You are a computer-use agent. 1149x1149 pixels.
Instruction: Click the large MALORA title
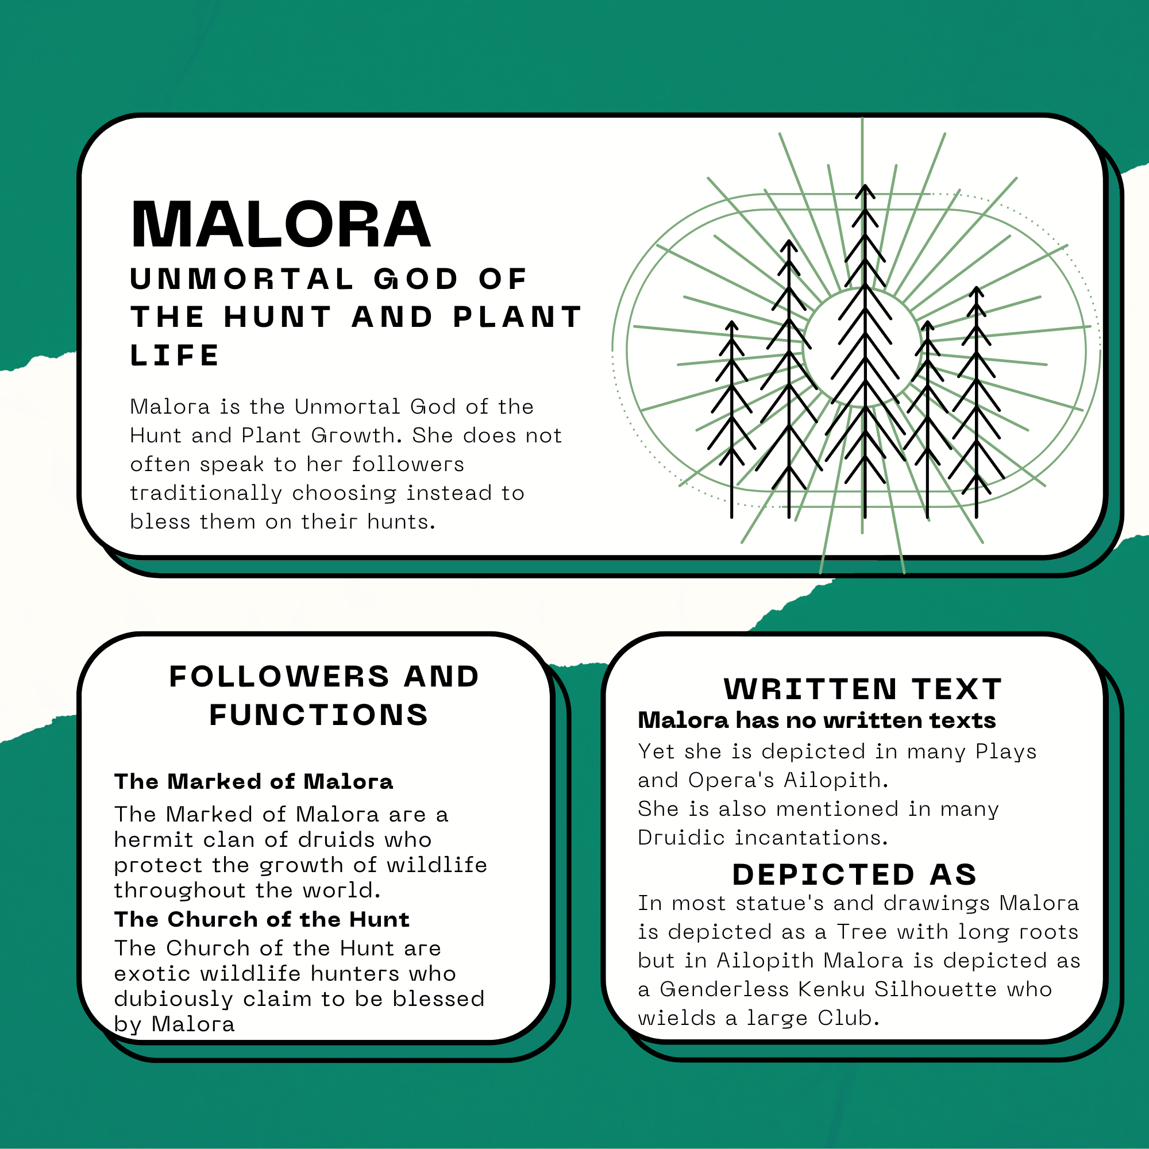(x=280, y=224)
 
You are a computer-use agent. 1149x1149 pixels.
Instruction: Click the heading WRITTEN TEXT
(x=862, y=689)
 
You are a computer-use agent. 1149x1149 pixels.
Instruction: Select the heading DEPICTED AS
(x=855, y=874)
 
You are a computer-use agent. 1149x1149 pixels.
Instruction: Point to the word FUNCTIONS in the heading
(x=318, y=715)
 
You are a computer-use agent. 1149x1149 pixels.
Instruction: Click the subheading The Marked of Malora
(x=253, y=781)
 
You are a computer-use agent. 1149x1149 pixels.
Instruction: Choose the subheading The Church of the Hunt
(x=261, y=919)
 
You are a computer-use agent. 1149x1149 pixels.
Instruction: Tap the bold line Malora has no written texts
(x=816, y=720)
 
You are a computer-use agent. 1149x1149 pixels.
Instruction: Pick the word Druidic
(x=682, y=838)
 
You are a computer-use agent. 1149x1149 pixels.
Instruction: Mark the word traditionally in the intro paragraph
(x=206, y=493)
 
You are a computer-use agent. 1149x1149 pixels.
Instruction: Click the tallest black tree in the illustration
(x=865, y=351)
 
